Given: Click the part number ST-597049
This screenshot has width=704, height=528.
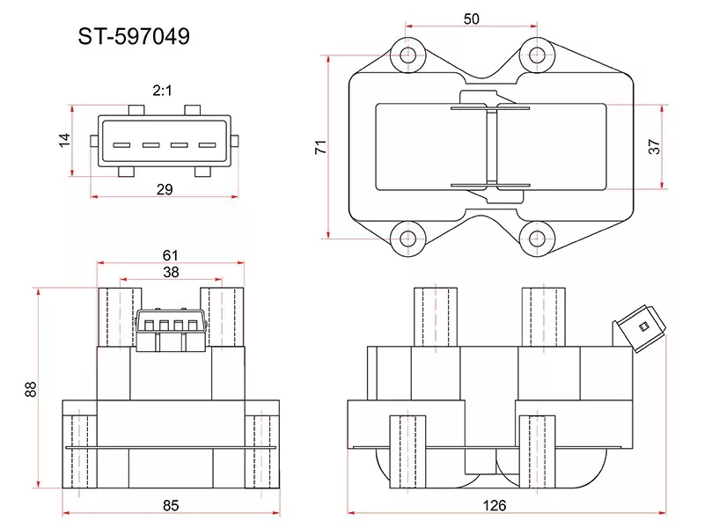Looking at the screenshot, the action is coord(134,36).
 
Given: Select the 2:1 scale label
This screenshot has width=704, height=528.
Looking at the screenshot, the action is coord(162,91).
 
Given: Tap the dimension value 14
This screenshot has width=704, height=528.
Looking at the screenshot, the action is coord(64,140).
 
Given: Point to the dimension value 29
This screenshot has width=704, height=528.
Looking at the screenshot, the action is coord(165,189).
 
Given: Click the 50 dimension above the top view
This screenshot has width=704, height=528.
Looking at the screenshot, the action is coord(472,18).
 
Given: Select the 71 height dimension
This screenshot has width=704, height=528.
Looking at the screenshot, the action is coord(320,147).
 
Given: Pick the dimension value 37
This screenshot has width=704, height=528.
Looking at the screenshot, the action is coord(655,147).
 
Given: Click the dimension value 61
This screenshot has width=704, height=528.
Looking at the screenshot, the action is coord(171,255).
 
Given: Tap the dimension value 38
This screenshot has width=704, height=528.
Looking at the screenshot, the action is coord(171,272).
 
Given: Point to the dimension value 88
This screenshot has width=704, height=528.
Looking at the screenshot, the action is coord(31,389).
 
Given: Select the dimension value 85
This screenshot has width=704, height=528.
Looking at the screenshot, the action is coord(171,505).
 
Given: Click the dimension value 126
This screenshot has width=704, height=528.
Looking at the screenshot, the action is coord(495,505).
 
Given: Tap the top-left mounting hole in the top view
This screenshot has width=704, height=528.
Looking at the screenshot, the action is coord(407,56).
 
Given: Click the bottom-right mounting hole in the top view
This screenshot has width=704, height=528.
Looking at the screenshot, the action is coord(537,238).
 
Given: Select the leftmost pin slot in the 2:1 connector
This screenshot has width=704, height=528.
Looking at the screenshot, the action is coord(121,145).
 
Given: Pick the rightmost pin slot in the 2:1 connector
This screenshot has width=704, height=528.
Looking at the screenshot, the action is coord(208,145).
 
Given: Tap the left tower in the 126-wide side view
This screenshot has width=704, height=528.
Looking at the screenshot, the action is coord(436,317).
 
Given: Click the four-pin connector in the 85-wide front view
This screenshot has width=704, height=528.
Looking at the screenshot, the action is coord(171,329).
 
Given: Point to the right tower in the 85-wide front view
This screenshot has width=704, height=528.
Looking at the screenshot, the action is coord(223,317).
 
